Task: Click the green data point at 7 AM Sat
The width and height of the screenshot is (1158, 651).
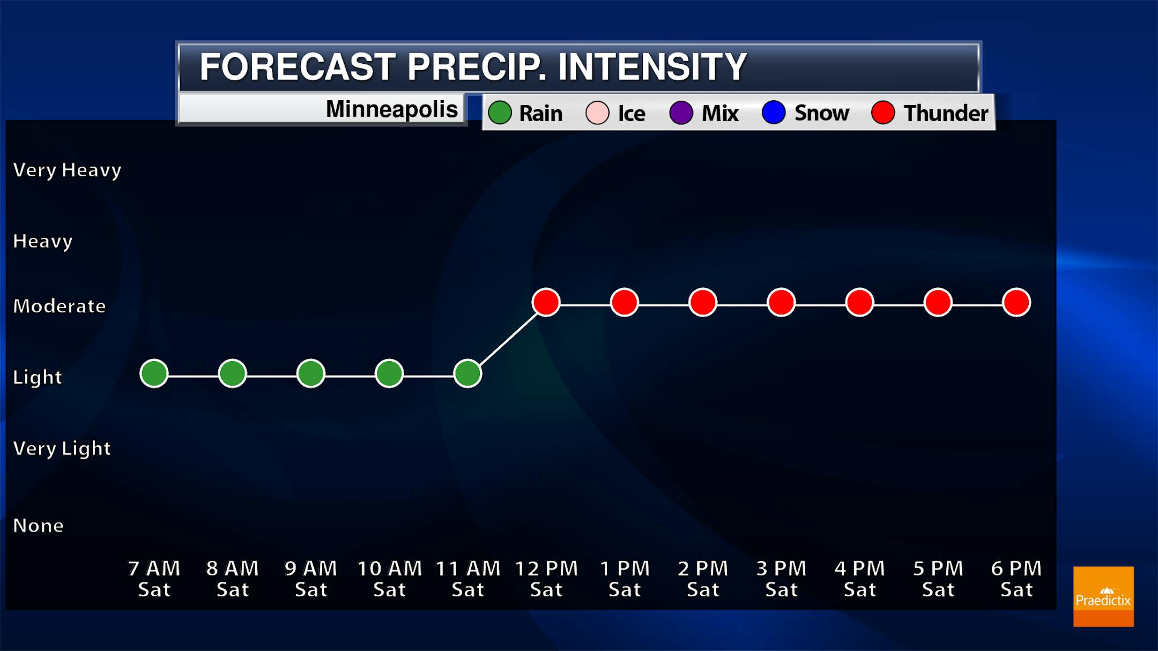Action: (x=154, y=373)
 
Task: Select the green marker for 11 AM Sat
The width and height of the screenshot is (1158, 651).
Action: (x=467, y=373)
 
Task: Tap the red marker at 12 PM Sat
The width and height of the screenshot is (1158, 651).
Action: (x=546, y=302)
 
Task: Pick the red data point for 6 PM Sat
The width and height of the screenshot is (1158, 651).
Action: (x=1016, y=302)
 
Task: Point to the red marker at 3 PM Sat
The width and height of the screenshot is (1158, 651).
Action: (x=781, y=302)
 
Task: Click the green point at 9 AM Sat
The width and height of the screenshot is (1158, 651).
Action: (x=311, y=373)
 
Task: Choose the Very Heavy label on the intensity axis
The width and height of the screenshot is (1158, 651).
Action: (x=67, y=170)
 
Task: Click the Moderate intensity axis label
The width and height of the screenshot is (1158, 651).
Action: (x=60, y=306)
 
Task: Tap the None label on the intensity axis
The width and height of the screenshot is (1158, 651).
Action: (x=38, y=526)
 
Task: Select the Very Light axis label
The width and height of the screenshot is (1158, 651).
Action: (x=62, y=448)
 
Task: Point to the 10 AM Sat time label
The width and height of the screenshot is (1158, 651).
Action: (x=390, y=579)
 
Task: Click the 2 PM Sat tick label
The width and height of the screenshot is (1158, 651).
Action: (x=703, y=579)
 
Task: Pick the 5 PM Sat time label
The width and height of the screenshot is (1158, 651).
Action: (x=938, y=579)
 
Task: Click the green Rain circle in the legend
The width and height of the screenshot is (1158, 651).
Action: (x=500, y=113)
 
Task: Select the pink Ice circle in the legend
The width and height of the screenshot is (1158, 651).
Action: (x=597, y=113)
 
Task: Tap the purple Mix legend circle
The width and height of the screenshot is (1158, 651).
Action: (x=681, y=113)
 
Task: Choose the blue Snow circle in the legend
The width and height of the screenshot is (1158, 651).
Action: (x=774, y=113)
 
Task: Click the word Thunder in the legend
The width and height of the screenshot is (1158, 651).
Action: (x=946, y=113)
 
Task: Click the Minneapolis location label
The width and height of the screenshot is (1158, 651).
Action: (x=392, y=109)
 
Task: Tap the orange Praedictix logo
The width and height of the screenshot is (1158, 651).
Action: (x=1103, y=596)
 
